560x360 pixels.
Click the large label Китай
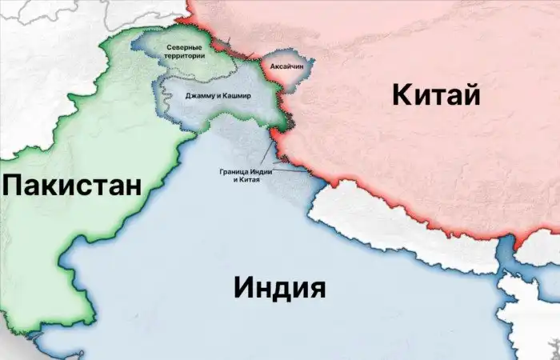(x=436, y=96)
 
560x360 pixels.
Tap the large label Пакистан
(x=72, y=186)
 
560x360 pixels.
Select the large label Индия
(x=280, y=286)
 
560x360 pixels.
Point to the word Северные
(x=184, y=48)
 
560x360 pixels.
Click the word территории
(x=184, y=56)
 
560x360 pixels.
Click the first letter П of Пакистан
(x=12, y=186)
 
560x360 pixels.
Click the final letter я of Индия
(x=317, y=286)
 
